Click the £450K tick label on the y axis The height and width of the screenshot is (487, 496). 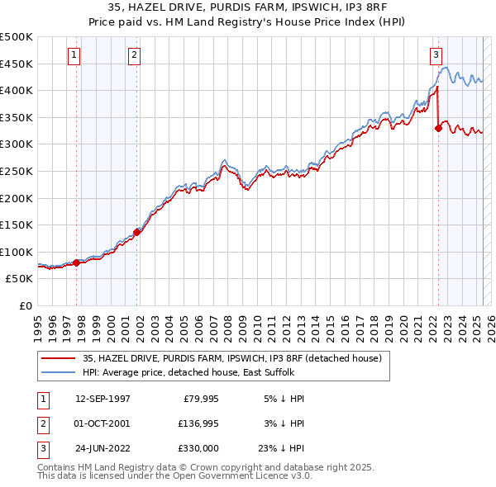pos(17,64)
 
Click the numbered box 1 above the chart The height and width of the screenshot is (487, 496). pos(74,55)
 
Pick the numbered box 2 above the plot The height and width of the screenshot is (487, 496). pos(134,55)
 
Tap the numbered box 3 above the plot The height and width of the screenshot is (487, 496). pos(436,55)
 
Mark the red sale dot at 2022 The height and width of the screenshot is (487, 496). pos(438,128)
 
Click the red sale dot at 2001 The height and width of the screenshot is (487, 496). pos(137,232)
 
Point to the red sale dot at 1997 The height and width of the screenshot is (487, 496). pos(77,262)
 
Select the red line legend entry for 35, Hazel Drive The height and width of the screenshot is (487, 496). pos(231,358)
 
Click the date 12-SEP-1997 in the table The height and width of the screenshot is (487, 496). pos(103,398)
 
